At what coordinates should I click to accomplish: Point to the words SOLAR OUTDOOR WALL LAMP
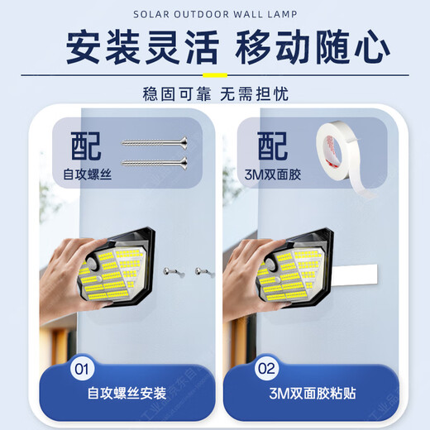[x=215, y=14]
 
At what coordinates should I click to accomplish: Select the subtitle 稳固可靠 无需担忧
[x=216, y=94]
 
